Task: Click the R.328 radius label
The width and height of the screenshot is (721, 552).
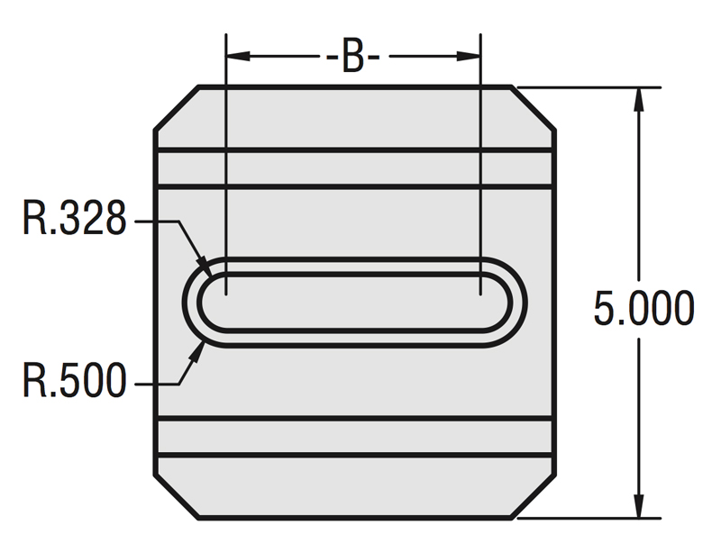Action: (74, 220)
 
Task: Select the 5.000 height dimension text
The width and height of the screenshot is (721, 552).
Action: (643, 309)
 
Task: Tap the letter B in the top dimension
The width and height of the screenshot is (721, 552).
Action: (352, 59)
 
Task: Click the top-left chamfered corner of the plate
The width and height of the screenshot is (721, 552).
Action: (177, 109)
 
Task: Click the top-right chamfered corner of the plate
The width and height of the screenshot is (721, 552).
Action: (533, 109)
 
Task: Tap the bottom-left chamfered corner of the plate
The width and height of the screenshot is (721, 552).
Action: (177, 497)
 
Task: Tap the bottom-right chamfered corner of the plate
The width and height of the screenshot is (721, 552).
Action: (533, 497)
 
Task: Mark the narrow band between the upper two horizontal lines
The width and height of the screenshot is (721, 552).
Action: (354, 168)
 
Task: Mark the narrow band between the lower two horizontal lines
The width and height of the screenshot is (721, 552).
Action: (354, 436)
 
